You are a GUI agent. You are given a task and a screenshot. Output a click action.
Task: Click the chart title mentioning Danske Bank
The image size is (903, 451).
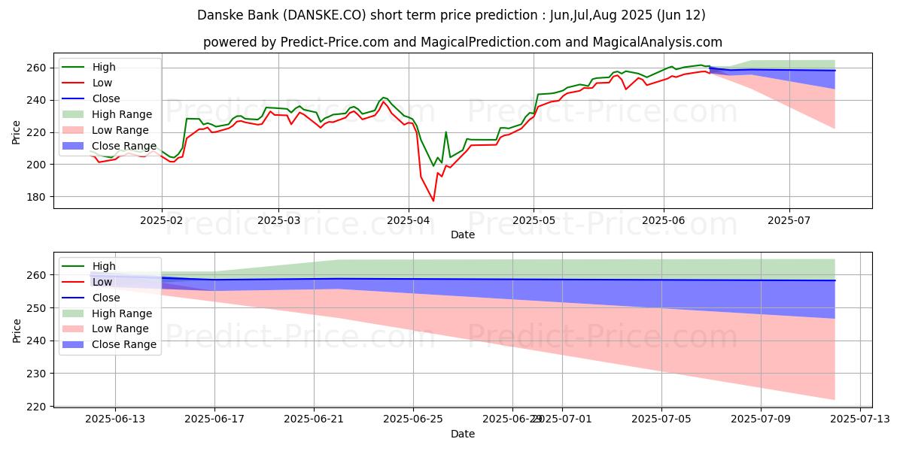(x=451, y=15)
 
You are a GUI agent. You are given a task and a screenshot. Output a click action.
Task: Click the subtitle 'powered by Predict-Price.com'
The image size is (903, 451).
(x=462, y=43)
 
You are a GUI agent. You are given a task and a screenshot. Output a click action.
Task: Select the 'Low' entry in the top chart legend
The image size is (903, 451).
(x=103, y=83)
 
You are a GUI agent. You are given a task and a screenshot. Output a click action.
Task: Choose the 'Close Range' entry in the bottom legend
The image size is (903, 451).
(x=124, y=344)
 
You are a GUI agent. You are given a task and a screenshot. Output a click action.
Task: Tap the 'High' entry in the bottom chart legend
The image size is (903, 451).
(x=105, y=266)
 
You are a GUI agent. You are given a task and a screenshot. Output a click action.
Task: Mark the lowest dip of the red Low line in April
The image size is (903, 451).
(x=433, y=201)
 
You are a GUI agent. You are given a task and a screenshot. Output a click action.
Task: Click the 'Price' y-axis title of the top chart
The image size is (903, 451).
(x=17, y=132)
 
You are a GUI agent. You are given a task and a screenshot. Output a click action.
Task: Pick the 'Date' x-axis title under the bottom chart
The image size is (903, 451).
(x=462, y=434)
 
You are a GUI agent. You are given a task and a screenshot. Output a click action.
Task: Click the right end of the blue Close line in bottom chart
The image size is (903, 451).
(x=835, y=280)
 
